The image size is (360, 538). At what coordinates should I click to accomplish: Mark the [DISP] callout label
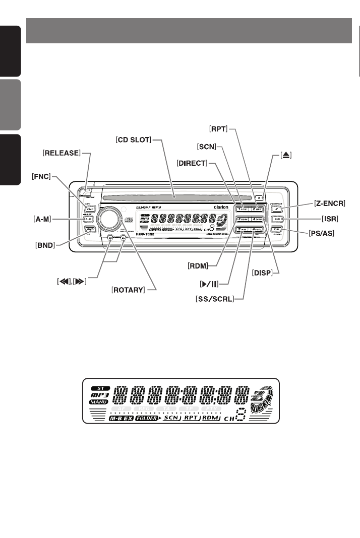click(x=262, y=273)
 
